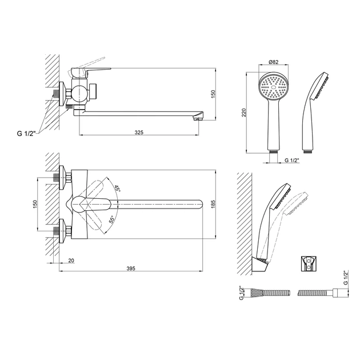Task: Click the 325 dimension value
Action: click(139, 132)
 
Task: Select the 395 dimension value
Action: click(131, 268)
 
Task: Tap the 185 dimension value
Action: click(213, 204)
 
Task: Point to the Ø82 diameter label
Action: click(274, 62)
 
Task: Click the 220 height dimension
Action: click(244, 113)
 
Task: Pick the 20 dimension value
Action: click(71, 261)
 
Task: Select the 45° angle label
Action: click(117, 188)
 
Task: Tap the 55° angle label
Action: click(112, 220)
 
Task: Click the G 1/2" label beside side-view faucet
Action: click(26, 133)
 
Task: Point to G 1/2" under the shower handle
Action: click(292, 160)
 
